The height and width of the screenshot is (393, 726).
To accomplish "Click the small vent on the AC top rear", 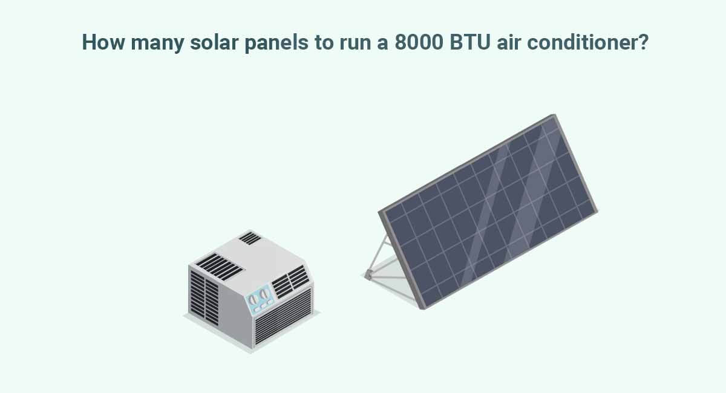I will point(249,238).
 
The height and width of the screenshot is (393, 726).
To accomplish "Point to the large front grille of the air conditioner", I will point(283,317).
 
